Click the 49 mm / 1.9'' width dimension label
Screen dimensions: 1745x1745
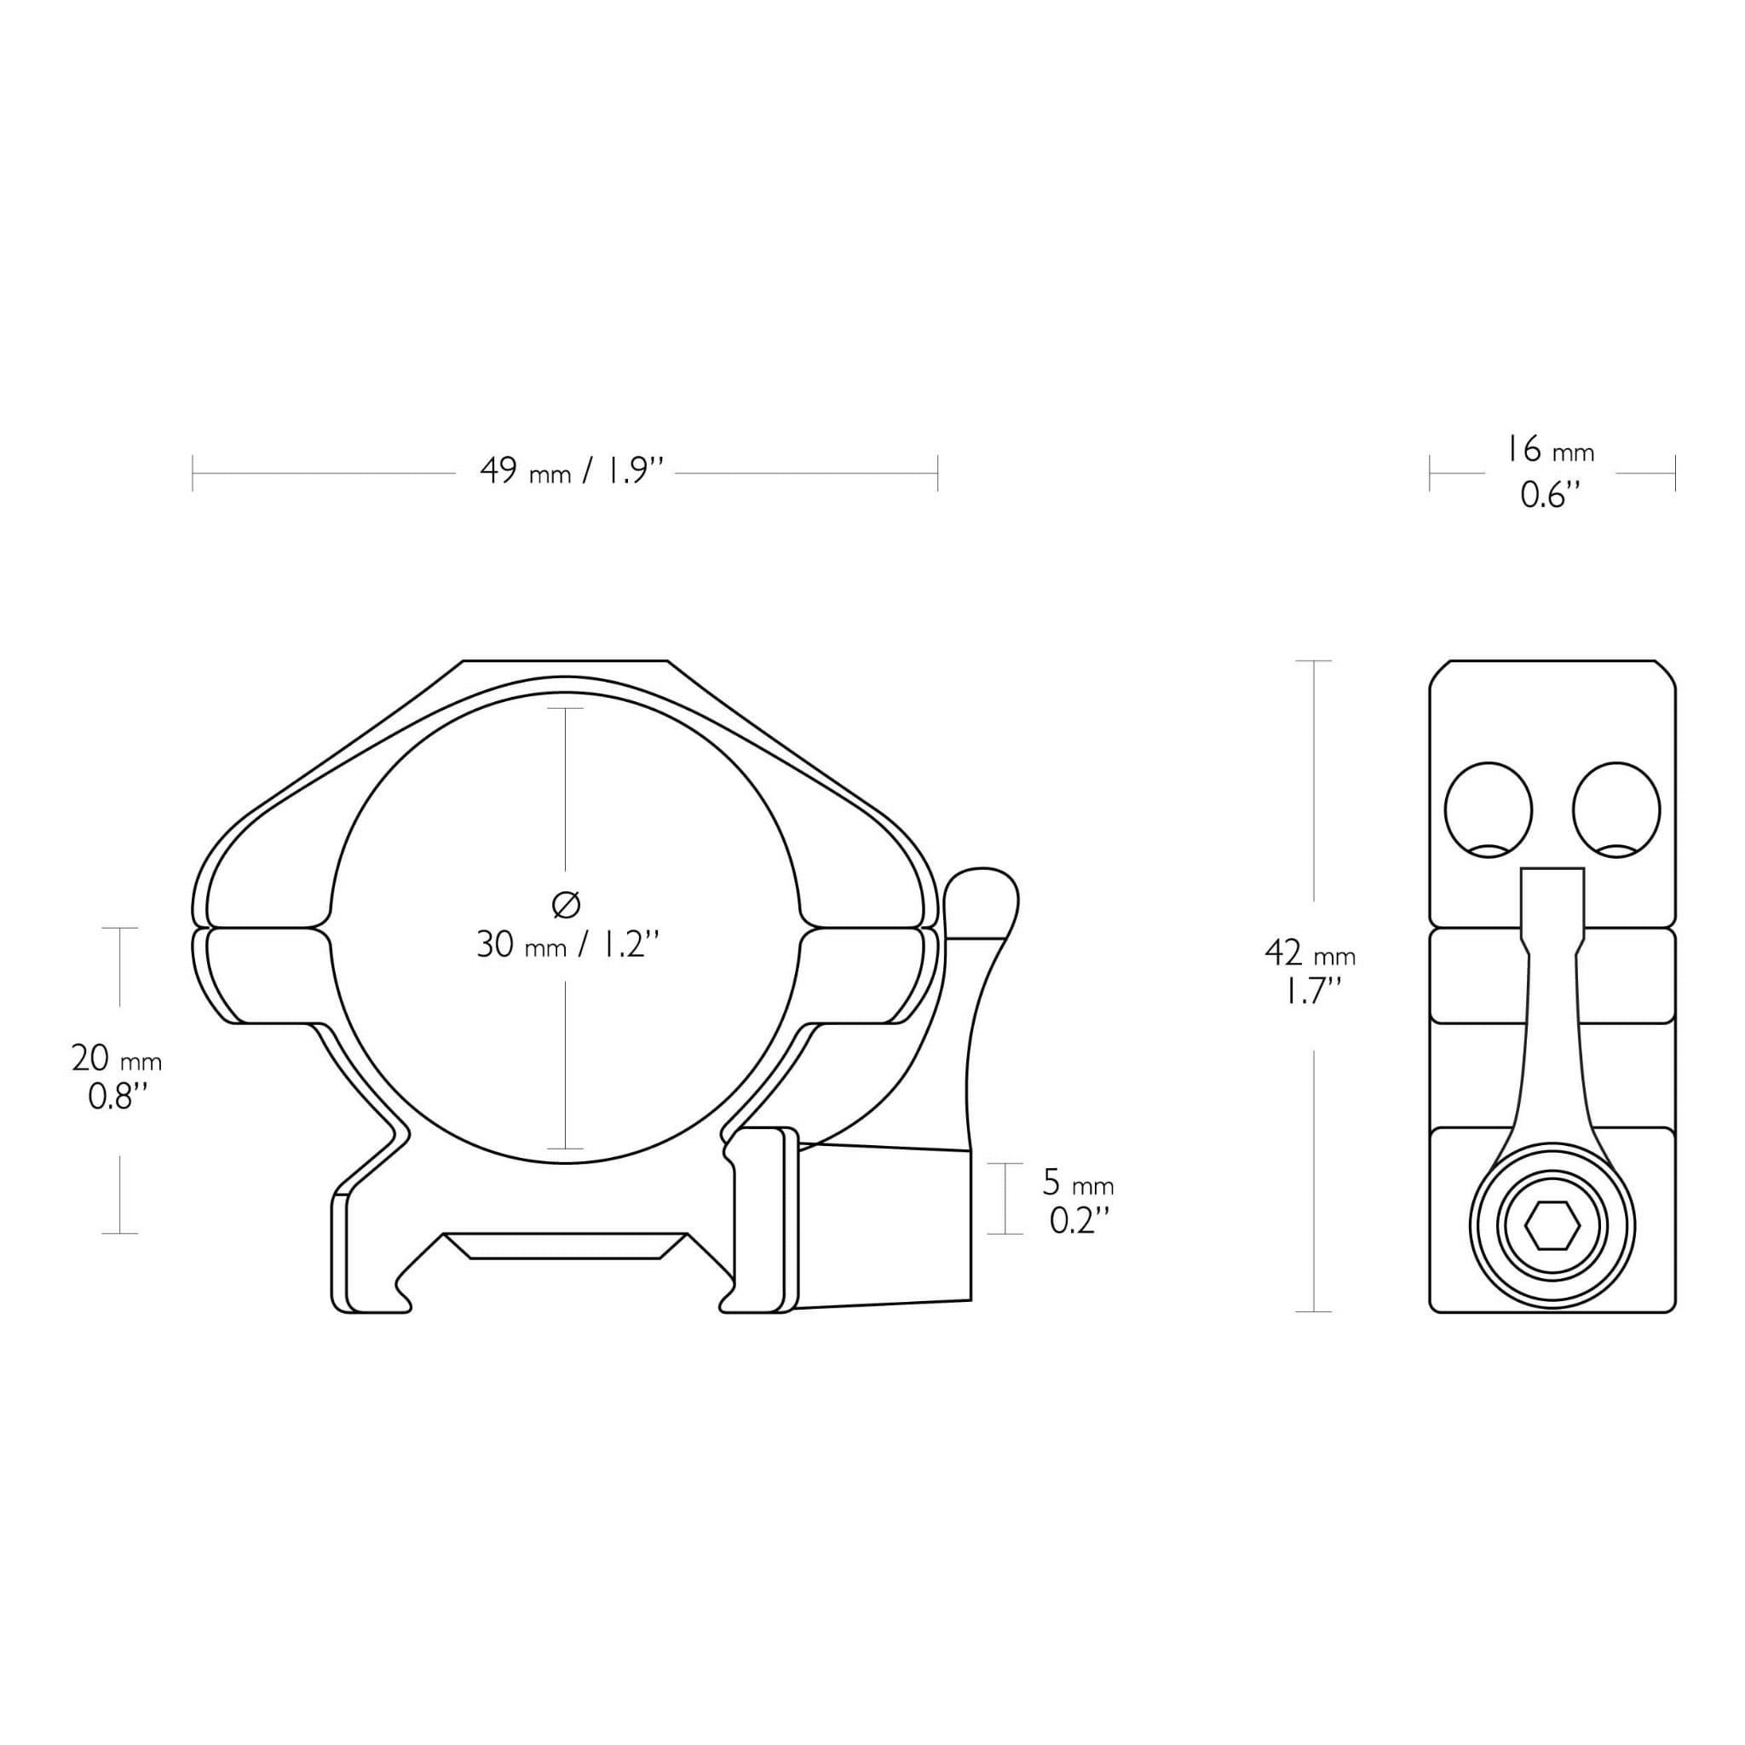click(572, 470)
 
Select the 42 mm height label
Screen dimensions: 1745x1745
click(1310, 953)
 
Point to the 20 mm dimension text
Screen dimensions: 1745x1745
click(117, 1057)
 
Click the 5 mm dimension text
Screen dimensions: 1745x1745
click(1079, 1183)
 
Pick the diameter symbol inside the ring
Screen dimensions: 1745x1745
click(566, 904)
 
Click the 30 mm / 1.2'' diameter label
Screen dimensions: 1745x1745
click(568, 945)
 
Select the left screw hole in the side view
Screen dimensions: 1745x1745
click(1489, 809)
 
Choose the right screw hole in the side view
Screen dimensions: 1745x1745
click(1615, 809)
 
